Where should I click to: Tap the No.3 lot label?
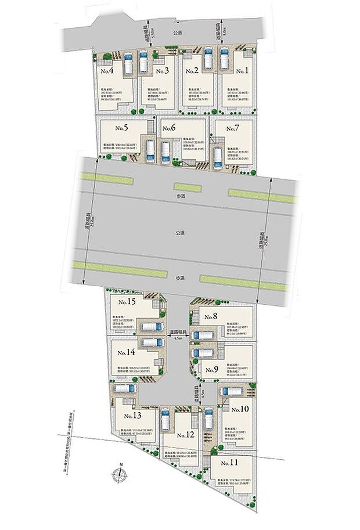coord(161,71)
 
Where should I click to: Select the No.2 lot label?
coord(192,71)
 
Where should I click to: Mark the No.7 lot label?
coord(232,128)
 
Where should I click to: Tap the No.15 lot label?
coord(211,316)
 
